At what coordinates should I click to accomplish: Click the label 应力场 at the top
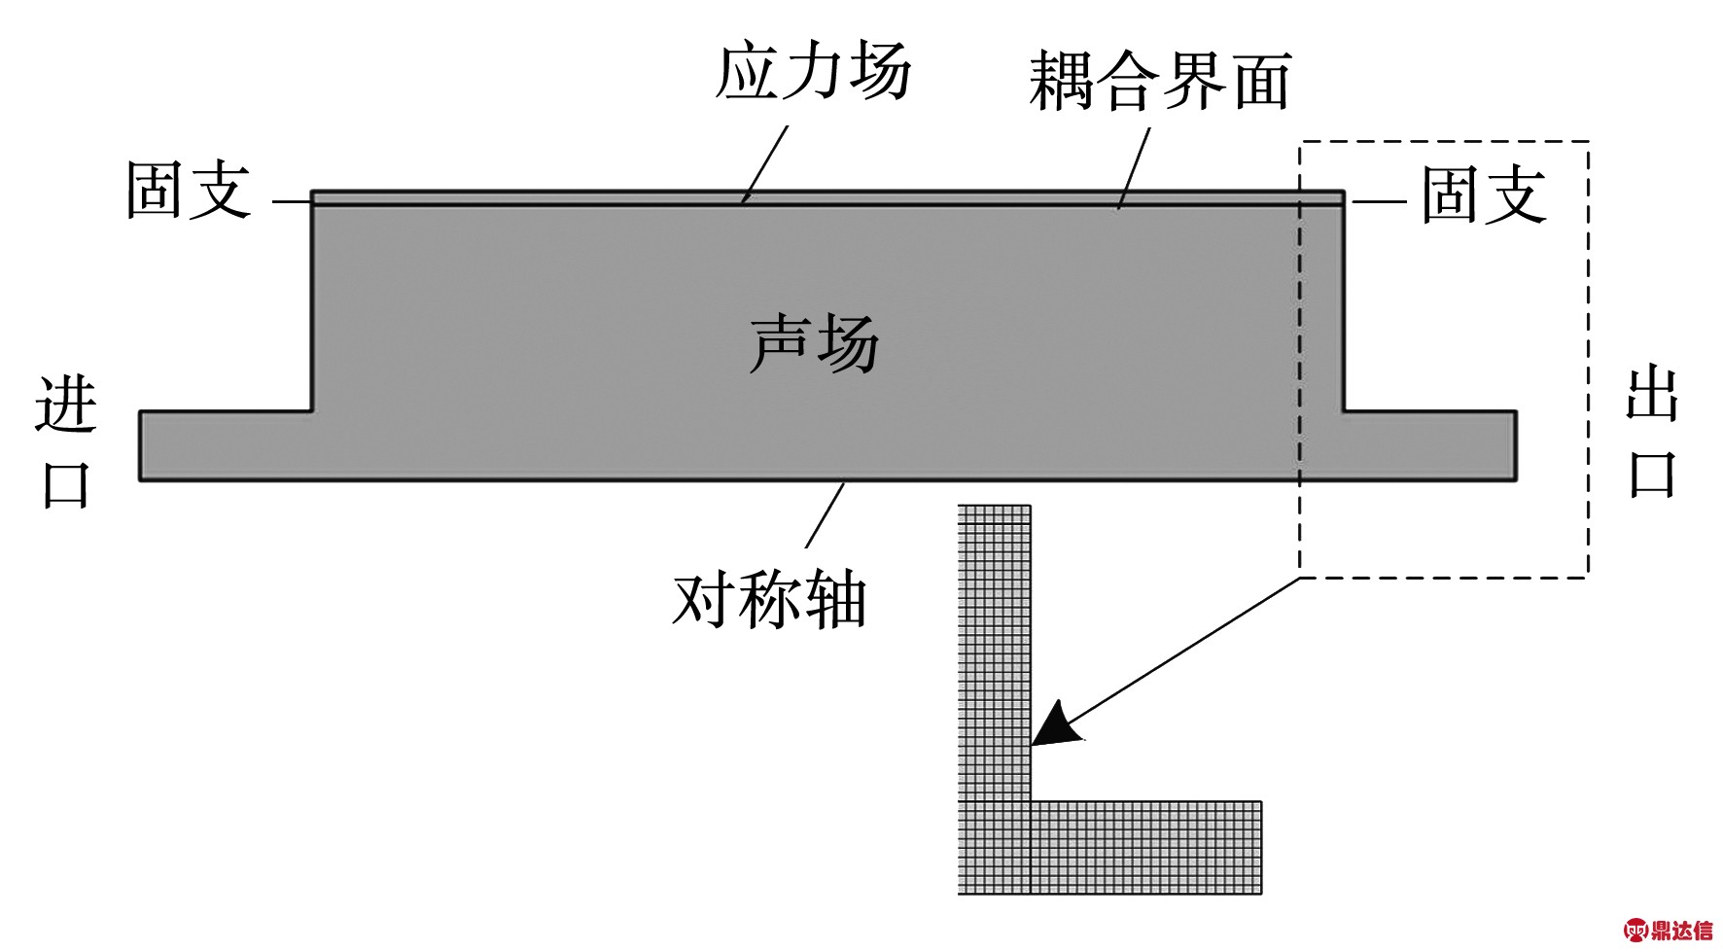(x=813, y=72)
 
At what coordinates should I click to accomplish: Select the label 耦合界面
(x=1159, y=82)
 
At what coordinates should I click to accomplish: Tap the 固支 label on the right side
(x=1484, y=194)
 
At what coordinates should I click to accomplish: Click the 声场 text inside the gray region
(x=814, y=343)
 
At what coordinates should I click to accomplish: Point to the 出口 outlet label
(x=1653, y=434)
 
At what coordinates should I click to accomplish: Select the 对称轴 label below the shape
(x=768, y=598)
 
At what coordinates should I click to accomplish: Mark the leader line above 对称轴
(x=825, y=515)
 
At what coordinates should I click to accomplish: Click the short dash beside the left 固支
(x=290, y=201)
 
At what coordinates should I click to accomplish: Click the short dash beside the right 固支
(x=1380, y=201)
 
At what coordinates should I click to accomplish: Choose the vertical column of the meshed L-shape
(x=994, y=652)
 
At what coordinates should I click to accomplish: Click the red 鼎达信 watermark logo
(x=1667, y=931)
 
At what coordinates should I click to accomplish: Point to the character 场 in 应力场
(x=880, y=72)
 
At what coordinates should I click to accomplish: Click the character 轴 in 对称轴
(x=834, y=598)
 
